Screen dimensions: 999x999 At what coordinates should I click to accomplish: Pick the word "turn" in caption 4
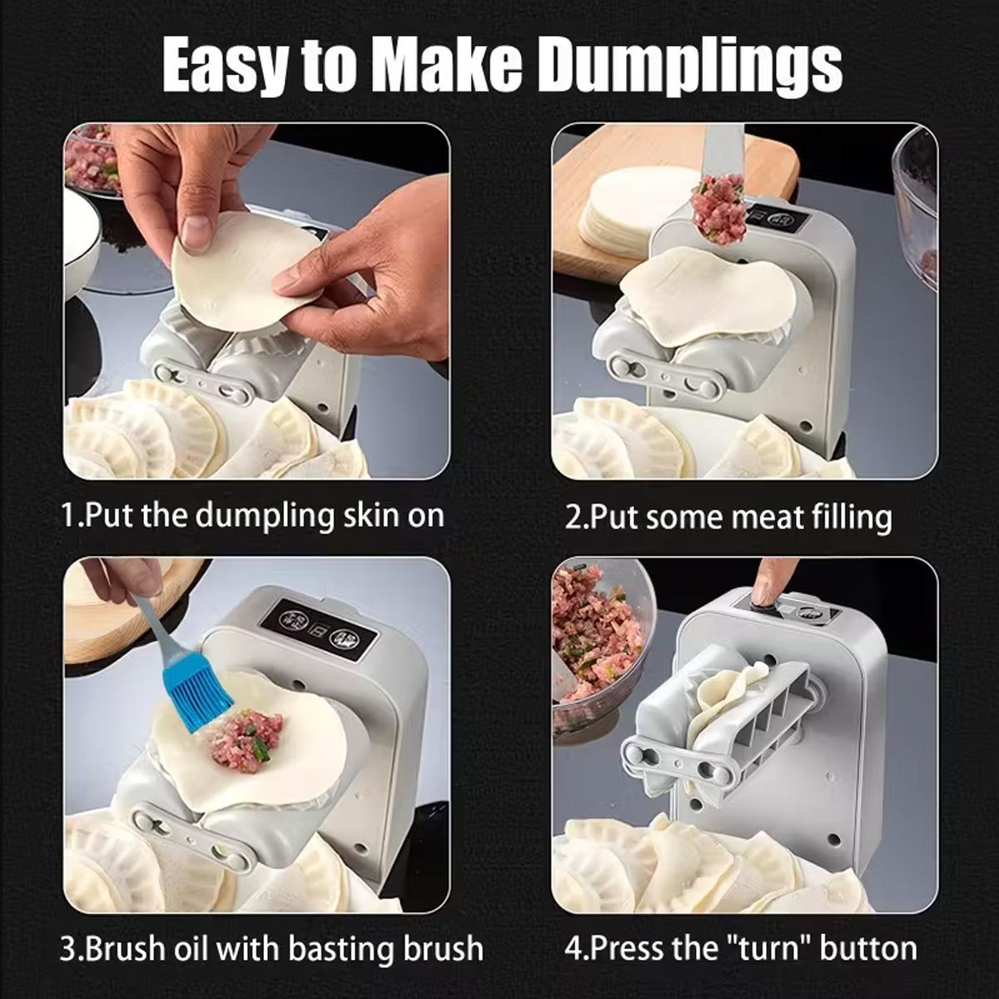pyautogui.click(x=770, y=948)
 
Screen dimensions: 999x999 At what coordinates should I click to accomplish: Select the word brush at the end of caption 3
pyautogui.click(x=440, y=948)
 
